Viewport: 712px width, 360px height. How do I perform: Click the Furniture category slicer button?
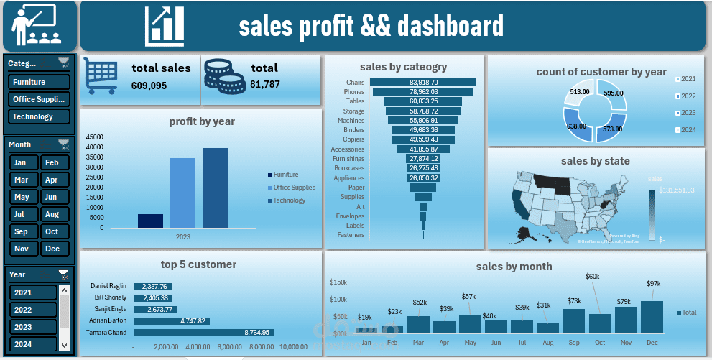point(40,82)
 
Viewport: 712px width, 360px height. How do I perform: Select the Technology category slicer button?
point(40,116)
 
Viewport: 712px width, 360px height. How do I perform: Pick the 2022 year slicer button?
point(33,310)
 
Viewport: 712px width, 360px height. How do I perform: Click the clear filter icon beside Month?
point(64,144)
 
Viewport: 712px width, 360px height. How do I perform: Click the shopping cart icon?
point(101,75)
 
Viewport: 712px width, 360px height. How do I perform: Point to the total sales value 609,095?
point(149,86)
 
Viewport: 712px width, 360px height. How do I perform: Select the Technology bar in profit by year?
point(215,188)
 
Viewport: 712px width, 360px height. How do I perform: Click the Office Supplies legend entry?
point(294,188)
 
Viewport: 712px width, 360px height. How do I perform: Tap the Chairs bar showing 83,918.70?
point(423,83)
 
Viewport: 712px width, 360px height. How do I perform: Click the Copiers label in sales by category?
point(353,139)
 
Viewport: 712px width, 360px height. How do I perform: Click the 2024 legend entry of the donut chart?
point(687,129)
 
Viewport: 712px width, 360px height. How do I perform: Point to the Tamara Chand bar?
point(203,332)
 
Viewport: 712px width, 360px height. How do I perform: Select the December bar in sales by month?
point(652,317)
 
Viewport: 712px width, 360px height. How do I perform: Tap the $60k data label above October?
point(592,277)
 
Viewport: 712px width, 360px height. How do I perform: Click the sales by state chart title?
point(595,161)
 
